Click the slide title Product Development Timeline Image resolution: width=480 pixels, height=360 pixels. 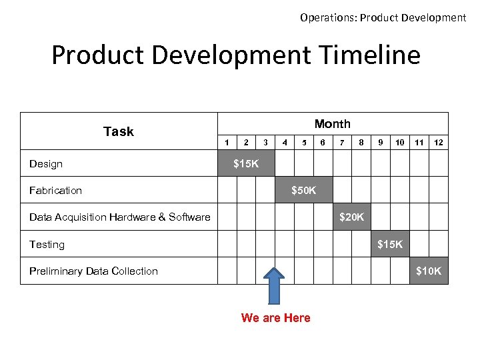coord(236,55)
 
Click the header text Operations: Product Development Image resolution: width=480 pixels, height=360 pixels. coord(383,18)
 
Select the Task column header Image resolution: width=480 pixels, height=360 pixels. coord(119,131)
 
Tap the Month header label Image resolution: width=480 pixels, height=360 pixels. coord(332,124)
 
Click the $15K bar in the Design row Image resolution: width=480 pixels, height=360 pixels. coord(246,163)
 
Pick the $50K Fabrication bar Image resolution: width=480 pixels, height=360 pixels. coord(303,191)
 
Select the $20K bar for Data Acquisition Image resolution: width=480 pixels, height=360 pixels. coord(351,217)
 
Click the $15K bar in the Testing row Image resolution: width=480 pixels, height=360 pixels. coord(390,244)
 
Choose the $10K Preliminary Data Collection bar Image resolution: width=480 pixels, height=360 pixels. coord(428,271)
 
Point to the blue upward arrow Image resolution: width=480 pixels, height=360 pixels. coord(275,285)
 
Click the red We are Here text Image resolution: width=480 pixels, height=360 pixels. coord(275,318)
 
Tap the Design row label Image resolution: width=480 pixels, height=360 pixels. coord(46,164)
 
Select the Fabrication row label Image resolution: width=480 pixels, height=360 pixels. coord(55,191)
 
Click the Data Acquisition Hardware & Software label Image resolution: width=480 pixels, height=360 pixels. coord(120,217)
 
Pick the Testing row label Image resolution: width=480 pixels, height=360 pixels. coord(47,245)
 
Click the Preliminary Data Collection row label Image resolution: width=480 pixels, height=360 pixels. coord(93,271)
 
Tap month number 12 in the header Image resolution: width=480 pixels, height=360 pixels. coord(439,142)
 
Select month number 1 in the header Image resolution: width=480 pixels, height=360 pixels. coord(227,142)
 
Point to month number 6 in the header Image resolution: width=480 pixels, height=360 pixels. coord(323,142)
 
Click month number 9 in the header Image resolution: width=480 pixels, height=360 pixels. coord(380,142)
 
